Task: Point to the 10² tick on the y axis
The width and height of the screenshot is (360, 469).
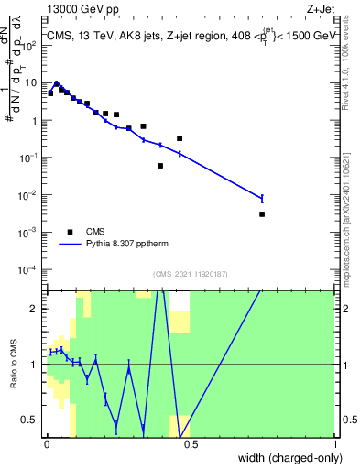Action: tap(28, 44)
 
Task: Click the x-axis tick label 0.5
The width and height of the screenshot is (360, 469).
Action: tap(191, 443)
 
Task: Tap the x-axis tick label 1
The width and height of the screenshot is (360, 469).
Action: tap(335, 443)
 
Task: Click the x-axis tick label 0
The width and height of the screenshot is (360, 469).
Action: tap(45, 443)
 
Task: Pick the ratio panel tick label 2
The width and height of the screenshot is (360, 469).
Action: tap(34, 309)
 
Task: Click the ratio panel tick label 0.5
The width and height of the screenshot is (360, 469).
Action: tap(29, 420)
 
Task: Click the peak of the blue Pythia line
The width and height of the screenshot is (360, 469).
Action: tap(57, 82)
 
